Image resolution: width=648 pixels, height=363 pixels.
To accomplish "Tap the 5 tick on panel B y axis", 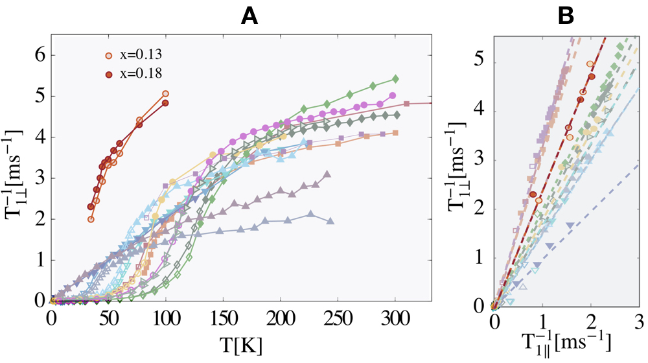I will click(x=480, y=58).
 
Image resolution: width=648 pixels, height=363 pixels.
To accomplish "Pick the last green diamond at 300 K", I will click(x=395, y=79).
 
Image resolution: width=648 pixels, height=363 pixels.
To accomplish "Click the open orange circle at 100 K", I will click(x=165, y=94).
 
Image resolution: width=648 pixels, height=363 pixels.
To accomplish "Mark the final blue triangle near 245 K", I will click(x=330, y=222).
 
